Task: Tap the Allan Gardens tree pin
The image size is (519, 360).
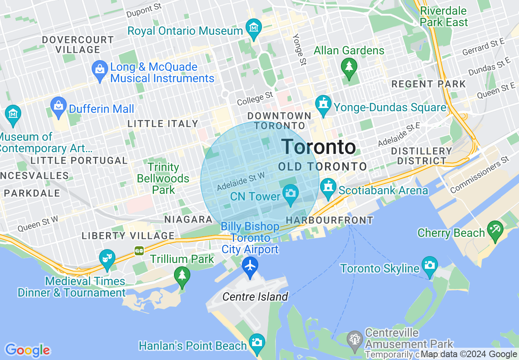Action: (349, 66)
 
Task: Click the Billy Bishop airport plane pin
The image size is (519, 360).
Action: (250, 265)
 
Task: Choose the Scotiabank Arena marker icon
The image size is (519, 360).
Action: (328, 187)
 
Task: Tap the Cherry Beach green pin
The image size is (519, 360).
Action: (495, 229)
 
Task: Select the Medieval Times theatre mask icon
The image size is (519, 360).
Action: (107, 258)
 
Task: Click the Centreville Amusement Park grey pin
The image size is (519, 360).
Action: (355, 340)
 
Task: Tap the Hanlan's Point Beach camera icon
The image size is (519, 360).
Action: (257, 342)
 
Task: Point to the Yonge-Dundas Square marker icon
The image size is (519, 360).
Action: (324, 103)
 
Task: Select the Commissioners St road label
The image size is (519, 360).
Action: (480, 175)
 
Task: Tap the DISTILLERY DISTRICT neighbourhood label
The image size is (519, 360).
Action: (421, 156)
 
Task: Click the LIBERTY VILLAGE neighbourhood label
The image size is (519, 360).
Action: (128, 236)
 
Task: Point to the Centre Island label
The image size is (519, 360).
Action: (255, 297)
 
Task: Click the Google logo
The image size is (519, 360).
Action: (27, 350)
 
